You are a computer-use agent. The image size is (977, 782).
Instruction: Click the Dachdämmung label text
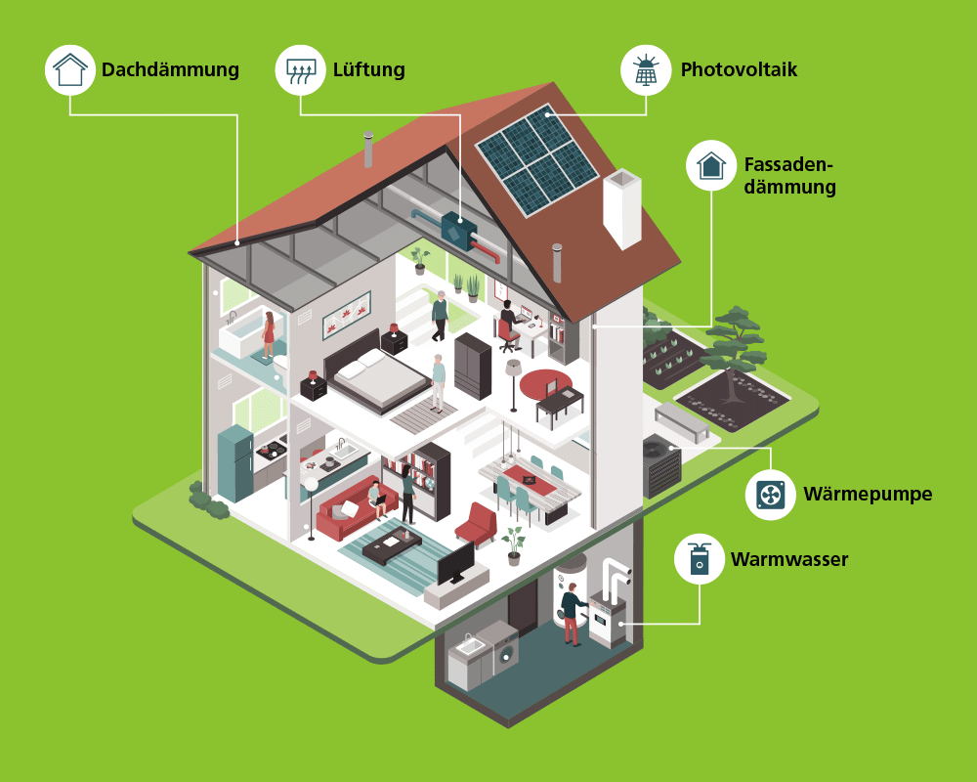(170, 70)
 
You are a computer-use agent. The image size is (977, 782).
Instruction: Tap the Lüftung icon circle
(300, 69)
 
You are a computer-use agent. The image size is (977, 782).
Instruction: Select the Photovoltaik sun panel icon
(646, 69)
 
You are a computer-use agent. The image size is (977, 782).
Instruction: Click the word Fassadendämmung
(789, 176)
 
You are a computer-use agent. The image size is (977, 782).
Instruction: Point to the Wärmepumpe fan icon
(771, 494)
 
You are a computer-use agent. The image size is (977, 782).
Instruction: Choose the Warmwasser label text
(789, 560)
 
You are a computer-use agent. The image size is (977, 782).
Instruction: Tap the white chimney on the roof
(622, 207)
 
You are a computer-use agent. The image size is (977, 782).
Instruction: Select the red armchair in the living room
(478, 524)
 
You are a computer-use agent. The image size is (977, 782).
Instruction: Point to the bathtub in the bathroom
(242, 337)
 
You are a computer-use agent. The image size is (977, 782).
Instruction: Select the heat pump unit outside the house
(661, 465)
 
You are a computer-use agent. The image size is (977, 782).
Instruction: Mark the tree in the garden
(735, 338)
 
